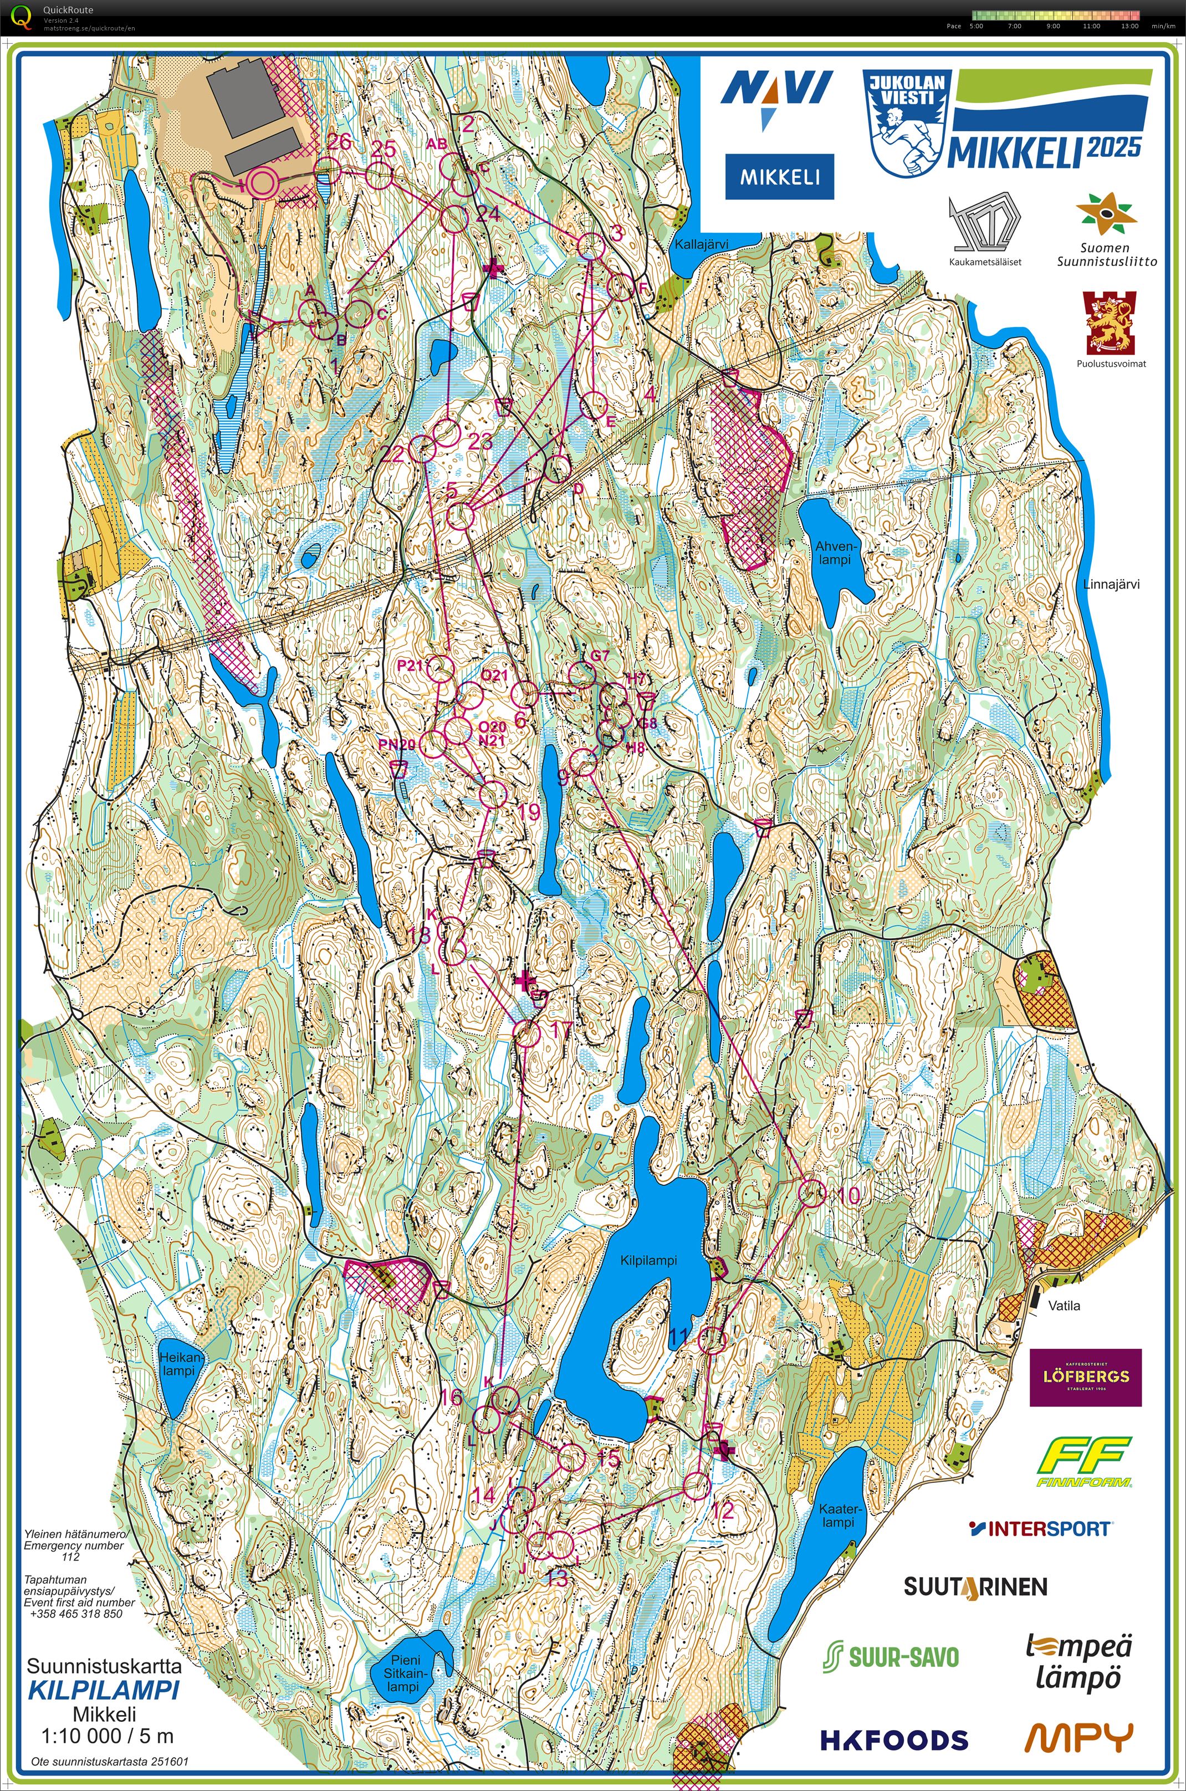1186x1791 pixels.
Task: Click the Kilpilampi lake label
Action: (x=648, y=1260)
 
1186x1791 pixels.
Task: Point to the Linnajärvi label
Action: (x=1111, y=584)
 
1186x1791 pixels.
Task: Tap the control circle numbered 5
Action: (x=460, y=516)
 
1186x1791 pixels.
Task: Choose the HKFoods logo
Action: (x=894, y=1739)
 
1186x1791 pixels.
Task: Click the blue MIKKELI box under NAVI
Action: (x=779, y=177)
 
